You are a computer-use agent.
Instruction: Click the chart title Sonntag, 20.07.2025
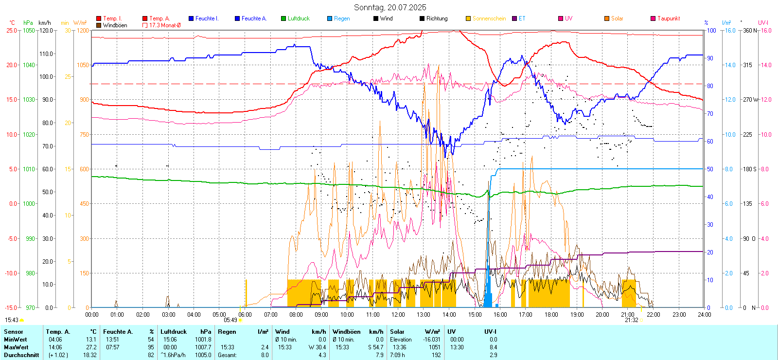pos(390,7)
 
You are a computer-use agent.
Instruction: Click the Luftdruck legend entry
pos(298,18)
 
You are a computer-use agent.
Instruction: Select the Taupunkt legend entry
pos(668,18)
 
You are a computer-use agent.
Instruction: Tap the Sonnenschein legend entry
pos(489,18)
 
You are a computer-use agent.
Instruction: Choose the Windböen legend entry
pos(115,25)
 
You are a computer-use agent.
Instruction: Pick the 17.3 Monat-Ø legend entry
pos(164,25)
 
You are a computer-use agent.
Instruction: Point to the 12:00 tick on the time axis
pos(398,315)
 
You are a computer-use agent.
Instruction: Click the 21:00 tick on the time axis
pos(628,315)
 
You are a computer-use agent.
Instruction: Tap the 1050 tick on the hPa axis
pos(29,30)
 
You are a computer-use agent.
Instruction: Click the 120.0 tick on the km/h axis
pos(47,30)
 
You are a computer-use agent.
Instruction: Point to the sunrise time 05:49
pos(230,320)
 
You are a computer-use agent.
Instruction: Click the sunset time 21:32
pos(631,320)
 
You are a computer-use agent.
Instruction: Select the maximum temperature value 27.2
pos(91,347)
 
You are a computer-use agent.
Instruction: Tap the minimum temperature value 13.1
pos(91,340)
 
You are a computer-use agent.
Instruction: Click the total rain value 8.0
pos(265,355)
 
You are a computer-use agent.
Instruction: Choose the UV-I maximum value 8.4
pos(493,347)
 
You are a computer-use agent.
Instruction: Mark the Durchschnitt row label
pos(21,355)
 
